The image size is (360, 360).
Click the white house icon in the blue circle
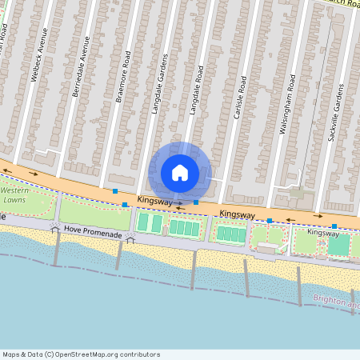point(180,172)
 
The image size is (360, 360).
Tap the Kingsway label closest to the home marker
point(154,199)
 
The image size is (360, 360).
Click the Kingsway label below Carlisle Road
point(237,214)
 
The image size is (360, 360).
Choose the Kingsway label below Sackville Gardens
point(324,232)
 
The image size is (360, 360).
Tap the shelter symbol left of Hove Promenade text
point(54,230)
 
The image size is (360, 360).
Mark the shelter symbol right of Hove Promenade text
point(130,239)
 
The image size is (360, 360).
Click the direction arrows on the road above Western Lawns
point(34,172)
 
